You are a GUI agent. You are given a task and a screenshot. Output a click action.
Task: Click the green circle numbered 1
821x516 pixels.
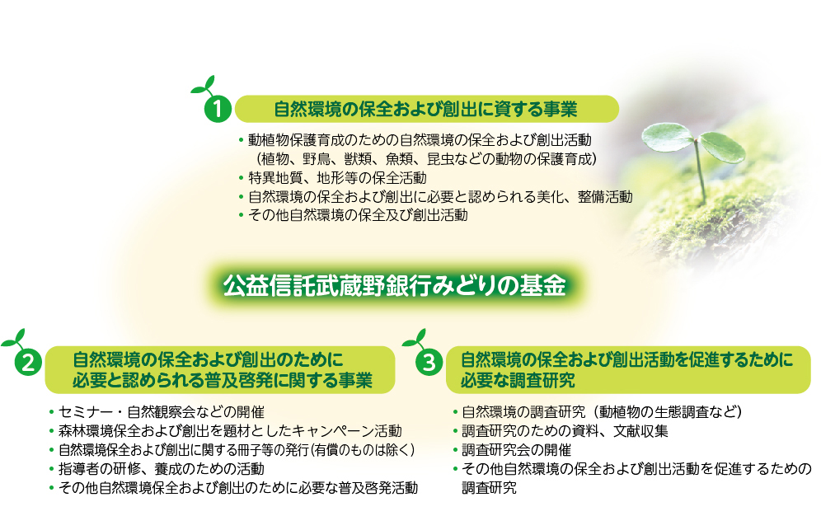(x=217, y=109)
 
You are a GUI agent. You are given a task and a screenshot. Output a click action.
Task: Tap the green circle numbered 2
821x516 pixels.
(x=28, y=362)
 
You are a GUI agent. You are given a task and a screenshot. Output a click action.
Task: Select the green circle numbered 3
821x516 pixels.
(x=429, y=362)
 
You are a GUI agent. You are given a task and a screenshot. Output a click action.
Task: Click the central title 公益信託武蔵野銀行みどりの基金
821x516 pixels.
(x=394, y=286)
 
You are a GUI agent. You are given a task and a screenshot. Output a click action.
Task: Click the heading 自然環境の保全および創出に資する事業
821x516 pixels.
(x=425, y=109)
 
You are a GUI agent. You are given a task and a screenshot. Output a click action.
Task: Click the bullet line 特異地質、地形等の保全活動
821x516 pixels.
(x=337, y=178)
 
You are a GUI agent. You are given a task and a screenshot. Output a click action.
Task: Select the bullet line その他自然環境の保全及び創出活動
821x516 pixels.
(x=358, y=215)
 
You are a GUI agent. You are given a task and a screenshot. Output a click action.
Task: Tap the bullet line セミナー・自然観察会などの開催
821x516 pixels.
(x=162, y=412)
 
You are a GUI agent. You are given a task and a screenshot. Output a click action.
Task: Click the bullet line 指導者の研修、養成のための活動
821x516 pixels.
(x=162, y=468)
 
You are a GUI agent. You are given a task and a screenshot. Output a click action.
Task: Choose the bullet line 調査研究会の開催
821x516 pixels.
(x=516, y=449)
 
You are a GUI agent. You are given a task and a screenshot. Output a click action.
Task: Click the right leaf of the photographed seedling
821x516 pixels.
(x=723, y=148)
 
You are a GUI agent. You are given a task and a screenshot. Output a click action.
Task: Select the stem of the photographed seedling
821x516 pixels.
(x=699, y=170)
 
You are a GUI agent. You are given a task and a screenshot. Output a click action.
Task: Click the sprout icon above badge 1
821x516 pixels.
(x=204, y=87)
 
